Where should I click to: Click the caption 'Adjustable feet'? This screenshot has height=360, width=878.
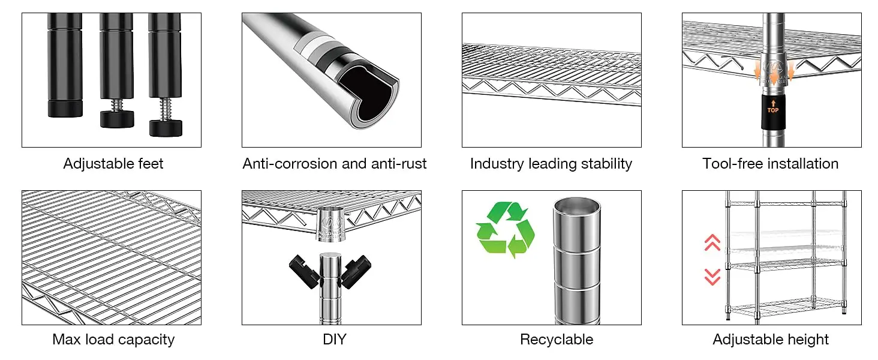click(113, 164)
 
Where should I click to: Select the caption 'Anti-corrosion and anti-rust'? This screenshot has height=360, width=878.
click(334, 164)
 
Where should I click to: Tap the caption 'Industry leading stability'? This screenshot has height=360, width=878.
click(551, 164)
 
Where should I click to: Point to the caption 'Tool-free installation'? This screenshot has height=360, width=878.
click(770, 164)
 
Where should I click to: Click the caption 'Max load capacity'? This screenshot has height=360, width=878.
click(113, 340)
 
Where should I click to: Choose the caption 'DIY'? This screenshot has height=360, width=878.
click(334, 340)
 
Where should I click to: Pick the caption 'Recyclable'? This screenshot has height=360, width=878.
click(556, 340)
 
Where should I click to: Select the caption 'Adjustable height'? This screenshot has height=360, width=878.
click(770, 340)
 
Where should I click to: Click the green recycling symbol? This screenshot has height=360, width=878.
click(505, 229)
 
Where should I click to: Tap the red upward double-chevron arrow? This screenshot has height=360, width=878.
click(712, 242)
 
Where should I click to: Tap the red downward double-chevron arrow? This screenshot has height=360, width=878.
click(712, 277)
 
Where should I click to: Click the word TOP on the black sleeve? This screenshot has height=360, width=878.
click(772, 110)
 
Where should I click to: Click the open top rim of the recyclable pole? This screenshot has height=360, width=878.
click(576, 207)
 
